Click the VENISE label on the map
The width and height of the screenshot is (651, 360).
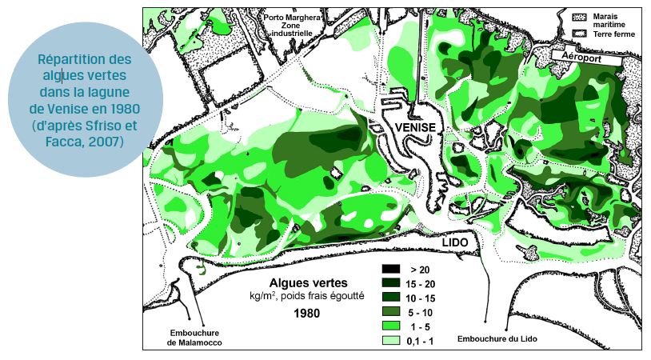point(413,128)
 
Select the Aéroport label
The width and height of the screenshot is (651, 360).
point(584,58)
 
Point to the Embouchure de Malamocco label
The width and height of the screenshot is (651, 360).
point(193,338)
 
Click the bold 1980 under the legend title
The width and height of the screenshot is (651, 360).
point(307,313)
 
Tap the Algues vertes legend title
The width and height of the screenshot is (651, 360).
point(308,283)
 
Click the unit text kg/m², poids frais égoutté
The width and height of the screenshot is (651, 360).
point(307,297)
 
